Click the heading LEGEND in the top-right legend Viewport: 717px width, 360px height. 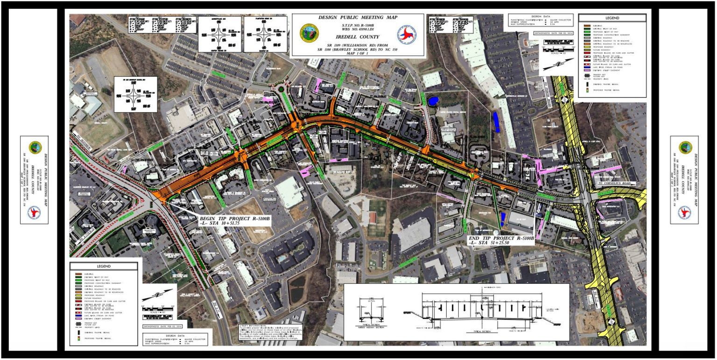(x=612, y=18)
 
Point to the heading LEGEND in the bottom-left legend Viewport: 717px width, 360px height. (x=104, y=266)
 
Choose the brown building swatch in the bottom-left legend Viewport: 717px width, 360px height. (x=77, y=274)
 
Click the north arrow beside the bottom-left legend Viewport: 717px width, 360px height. (x=156, y=294)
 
